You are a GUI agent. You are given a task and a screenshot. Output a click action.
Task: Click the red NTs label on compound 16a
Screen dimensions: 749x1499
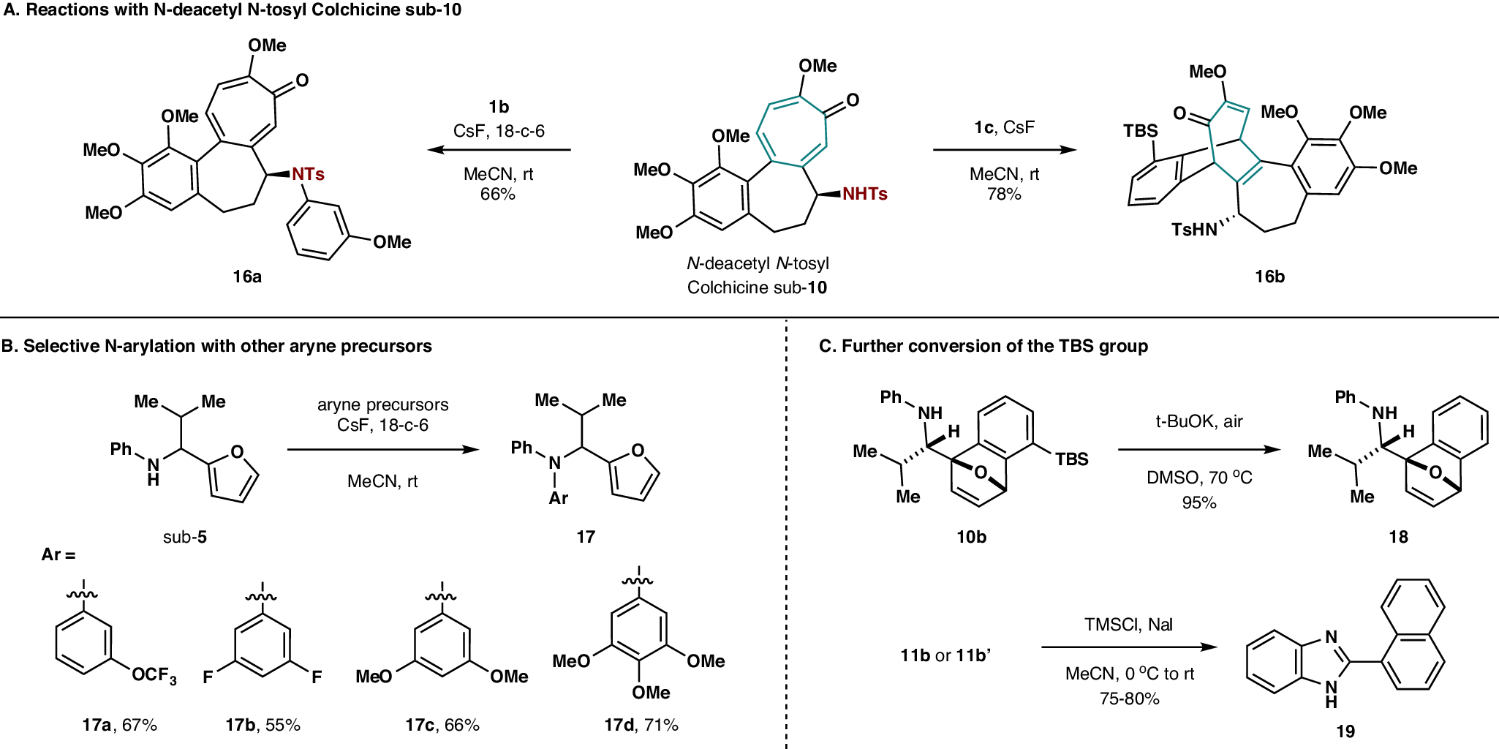point(308,174)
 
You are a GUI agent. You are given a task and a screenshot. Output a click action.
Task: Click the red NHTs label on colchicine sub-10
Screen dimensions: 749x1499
point(864,194)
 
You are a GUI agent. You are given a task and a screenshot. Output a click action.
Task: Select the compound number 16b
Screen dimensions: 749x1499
point(1269,276)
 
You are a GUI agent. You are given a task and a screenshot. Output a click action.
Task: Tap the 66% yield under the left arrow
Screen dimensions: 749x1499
point(497,194)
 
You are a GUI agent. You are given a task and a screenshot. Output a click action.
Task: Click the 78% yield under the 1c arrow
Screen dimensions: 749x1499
point(1003,194)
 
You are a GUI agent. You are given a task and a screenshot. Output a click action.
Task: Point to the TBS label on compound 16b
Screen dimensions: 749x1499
point(1140,131)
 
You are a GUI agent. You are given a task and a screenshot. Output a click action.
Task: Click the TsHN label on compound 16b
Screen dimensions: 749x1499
point(1194,230)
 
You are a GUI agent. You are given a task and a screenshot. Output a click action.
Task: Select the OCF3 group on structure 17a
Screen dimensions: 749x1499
point(154,674)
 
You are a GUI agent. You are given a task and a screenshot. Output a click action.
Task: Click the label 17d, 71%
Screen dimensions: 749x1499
point(641,725)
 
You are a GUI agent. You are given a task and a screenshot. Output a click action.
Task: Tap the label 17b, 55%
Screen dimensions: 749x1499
point(263,725)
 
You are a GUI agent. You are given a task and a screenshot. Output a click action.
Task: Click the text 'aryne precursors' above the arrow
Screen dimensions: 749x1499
point(382,404)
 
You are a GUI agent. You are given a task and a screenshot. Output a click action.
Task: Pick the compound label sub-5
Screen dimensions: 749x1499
point(184,537)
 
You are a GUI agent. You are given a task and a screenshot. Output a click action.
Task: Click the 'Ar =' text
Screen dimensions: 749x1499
point(58,554)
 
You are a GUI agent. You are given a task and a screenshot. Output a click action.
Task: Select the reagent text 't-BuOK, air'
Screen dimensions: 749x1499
point(1198,421)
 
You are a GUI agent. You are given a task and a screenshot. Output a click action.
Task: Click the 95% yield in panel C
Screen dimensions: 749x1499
point(1198,503)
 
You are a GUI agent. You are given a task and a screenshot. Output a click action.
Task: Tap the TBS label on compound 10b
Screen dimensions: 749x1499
point(1071,459)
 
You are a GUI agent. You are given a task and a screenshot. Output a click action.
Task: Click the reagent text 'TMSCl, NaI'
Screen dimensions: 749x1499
point(1128,625)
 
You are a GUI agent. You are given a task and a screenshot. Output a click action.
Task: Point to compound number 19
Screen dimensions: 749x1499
point(1345,731)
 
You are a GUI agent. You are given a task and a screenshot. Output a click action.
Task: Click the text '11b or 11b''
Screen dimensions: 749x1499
point(945,655)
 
